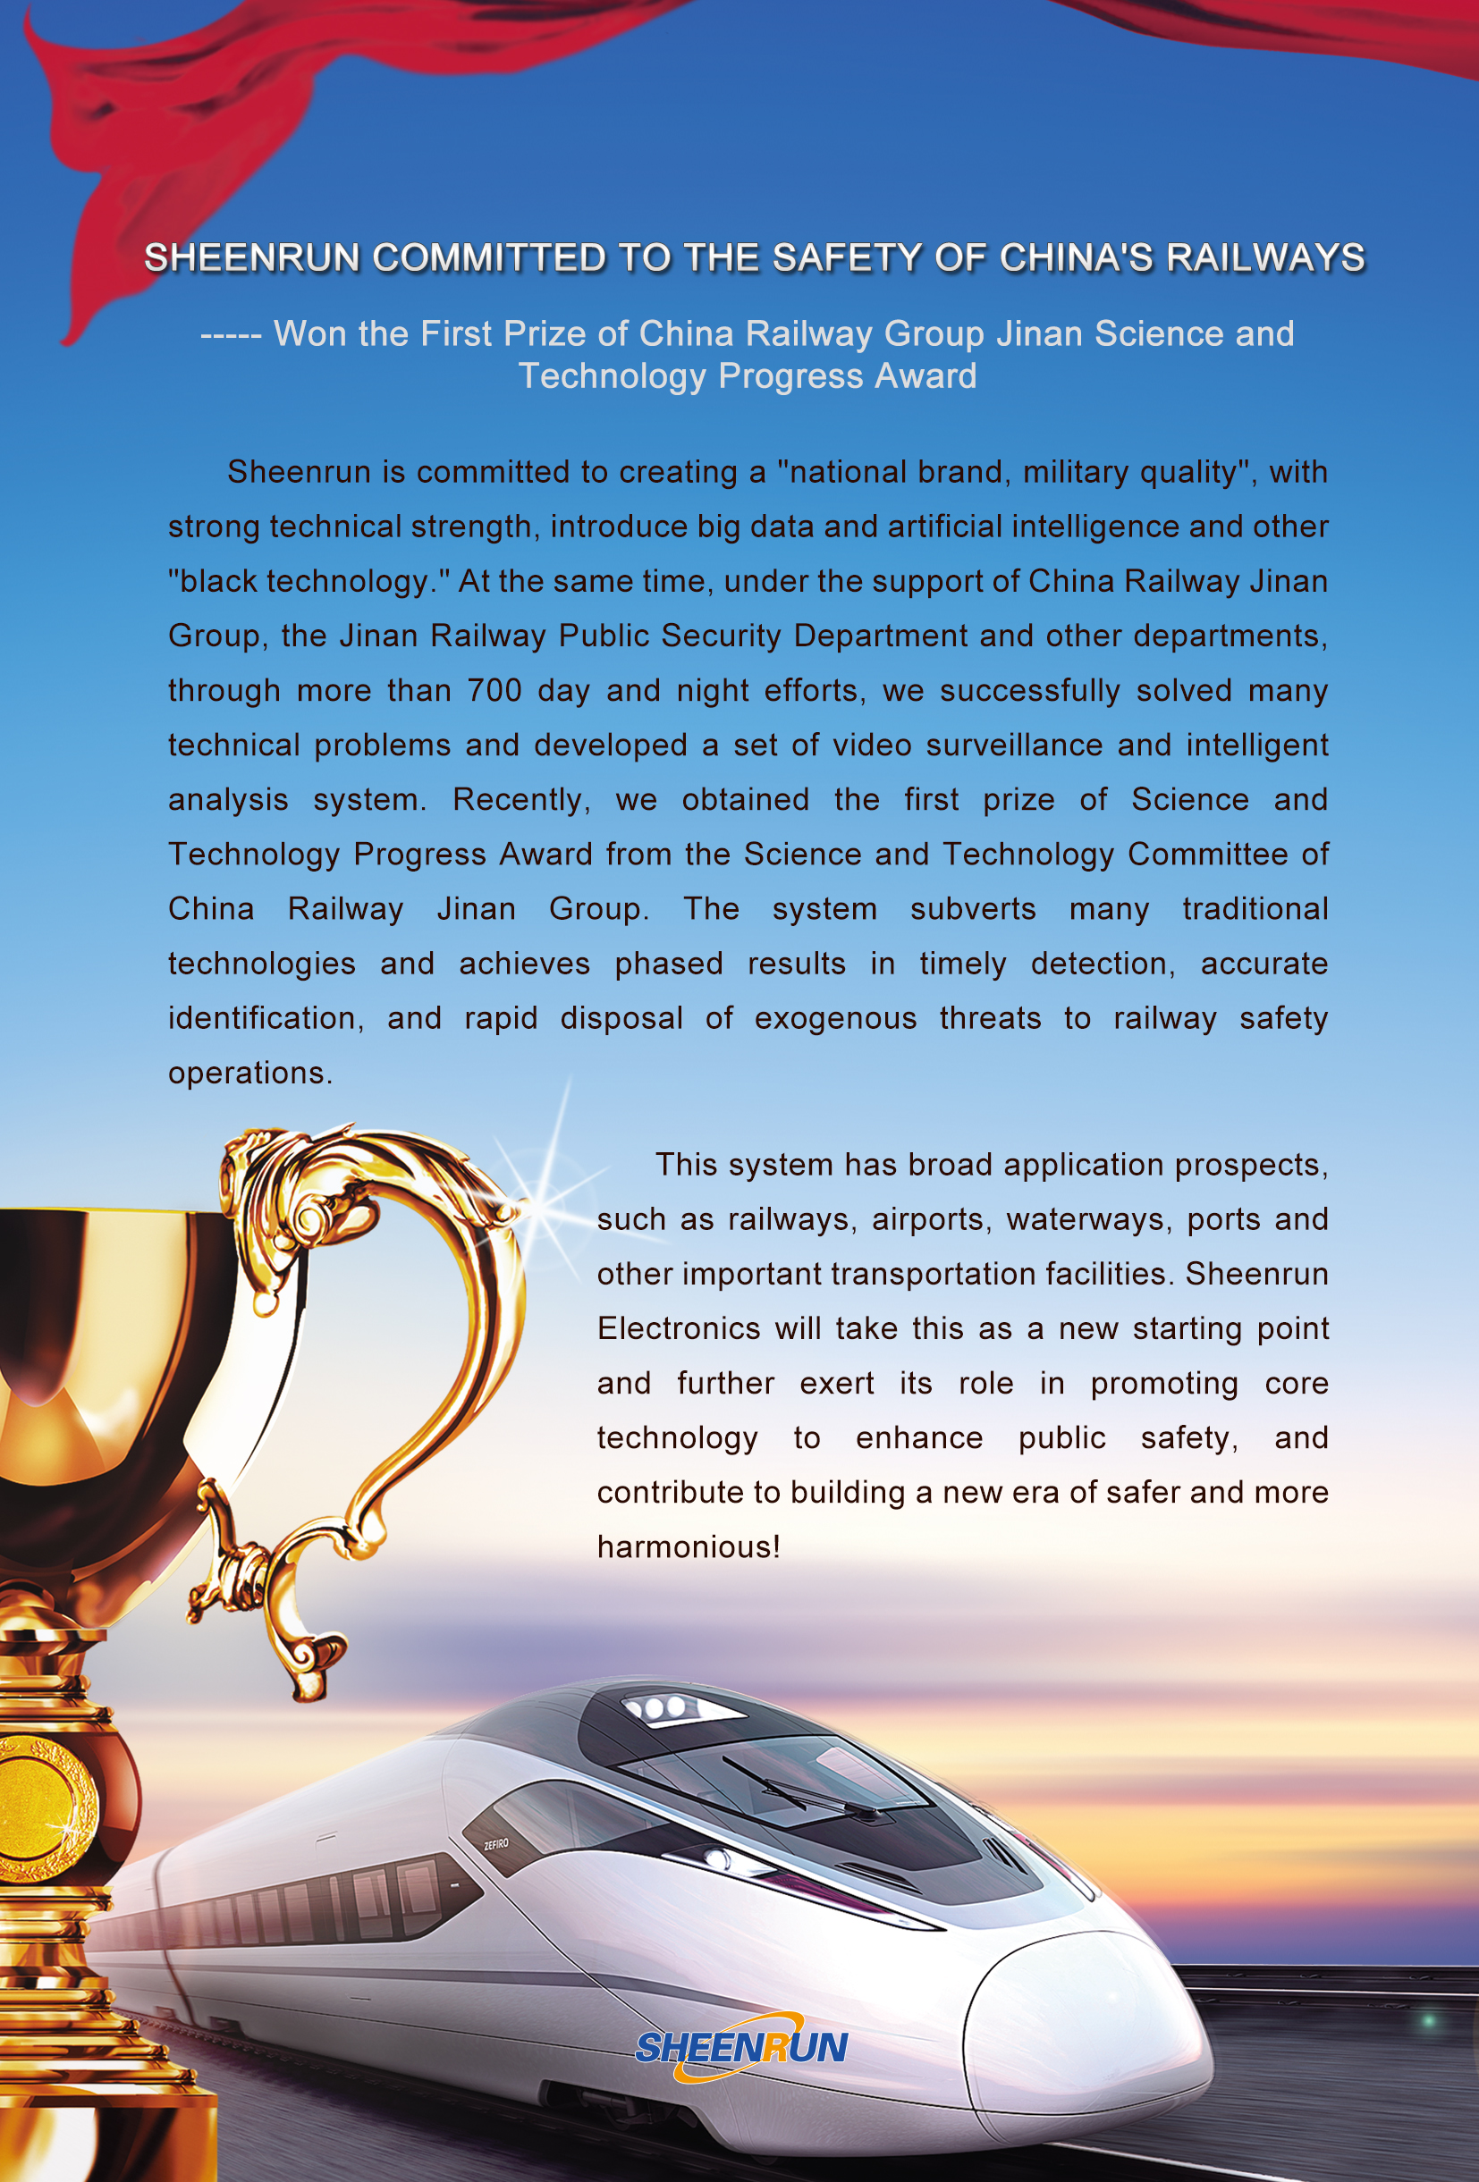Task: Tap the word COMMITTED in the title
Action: point(489,257)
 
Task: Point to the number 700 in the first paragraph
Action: point(494,690)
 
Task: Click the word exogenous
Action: point(835,1018)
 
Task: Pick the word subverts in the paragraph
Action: point(973,909)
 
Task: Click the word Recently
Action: point(520,799)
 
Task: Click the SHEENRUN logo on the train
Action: point(741,2047)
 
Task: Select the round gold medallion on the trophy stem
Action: point(42,1807)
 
